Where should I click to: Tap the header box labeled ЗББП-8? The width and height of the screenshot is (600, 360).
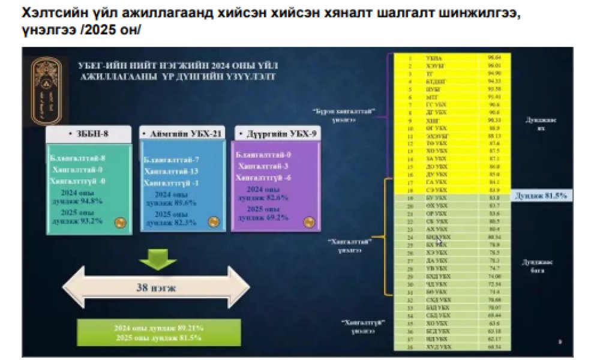[x=89, y=133]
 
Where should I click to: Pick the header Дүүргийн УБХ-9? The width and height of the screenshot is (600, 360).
[x=274, y=132]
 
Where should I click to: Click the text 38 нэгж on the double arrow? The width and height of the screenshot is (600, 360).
[x=157, y=288]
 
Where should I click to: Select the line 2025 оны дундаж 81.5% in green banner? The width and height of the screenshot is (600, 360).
[x=158, y=338]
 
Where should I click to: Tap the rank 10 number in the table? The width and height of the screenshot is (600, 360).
[x=410, y=128]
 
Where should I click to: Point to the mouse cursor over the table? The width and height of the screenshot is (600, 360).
[x=440, y=242]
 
